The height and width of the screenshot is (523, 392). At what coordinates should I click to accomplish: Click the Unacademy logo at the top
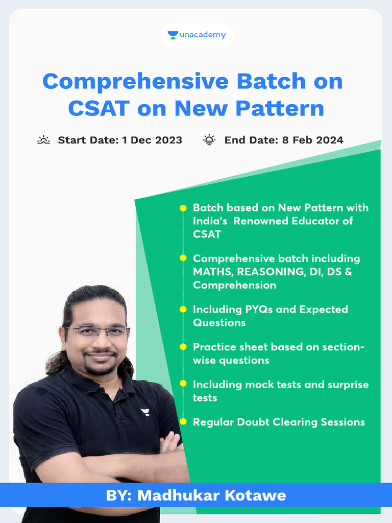click(197, 35)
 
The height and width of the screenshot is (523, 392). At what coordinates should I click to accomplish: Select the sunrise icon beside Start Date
click(44, 140)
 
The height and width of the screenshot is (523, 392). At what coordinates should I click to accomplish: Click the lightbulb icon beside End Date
click(209, 140)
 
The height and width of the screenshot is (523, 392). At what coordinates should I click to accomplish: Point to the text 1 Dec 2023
click(152, 140)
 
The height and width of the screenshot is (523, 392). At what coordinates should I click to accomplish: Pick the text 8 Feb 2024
click(312, 140)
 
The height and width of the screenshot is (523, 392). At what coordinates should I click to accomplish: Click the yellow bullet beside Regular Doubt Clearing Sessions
click(183, 422)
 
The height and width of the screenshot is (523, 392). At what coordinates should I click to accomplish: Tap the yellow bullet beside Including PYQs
click(183, 310)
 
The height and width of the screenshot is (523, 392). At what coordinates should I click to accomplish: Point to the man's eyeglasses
click(97, 331)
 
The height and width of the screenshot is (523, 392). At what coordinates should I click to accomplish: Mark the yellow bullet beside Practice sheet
click(183, 347)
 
